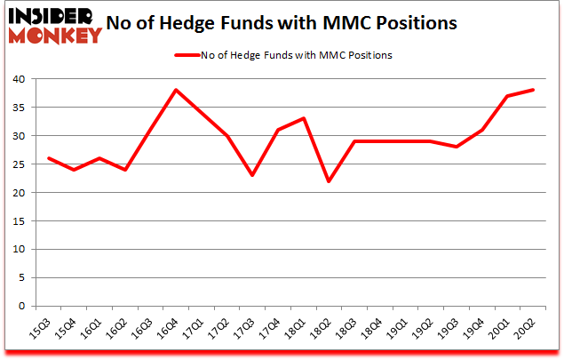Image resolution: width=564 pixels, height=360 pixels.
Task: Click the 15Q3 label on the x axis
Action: (x=41, y=331)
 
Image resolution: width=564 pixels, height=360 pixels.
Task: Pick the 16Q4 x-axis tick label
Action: (x=169, y=331)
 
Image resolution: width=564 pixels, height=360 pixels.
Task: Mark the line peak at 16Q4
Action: (x=176, y=90)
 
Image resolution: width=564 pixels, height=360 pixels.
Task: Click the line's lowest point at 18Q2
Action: (x=330, y=181)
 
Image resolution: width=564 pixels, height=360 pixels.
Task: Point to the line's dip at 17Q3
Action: (x=252, y=175)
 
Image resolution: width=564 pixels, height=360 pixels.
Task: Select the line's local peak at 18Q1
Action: (x=304, y=118)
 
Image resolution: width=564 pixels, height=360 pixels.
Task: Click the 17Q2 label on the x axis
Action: (x=219, y=331)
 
